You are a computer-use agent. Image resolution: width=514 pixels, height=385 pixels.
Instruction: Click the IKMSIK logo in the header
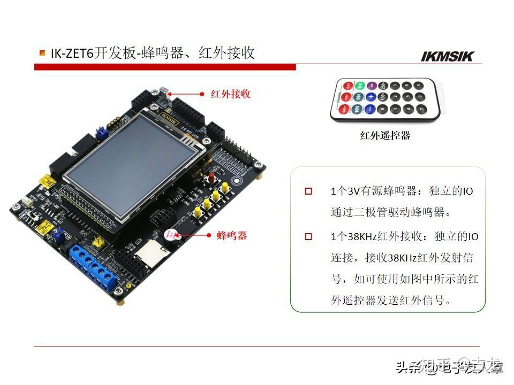click(448, 56)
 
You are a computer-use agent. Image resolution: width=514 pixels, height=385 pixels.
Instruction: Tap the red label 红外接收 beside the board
click(230, 94)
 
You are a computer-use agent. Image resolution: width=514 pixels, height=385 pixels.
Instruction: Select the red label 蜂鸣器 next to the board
click(232, 235)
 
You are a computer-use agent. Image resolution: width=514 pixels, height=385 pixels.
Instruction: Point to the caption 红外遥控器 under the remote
click(385, 136)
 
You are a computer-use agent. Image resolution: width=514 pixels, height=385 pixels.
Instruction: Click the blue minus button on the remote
click(369, 110)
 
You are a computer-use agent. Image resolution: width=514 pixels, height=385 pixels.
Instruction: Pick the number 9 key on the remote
click(420, 85)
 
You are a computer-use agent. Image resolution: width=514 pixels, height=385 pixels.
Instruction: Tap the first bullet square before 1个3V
click(308, 191)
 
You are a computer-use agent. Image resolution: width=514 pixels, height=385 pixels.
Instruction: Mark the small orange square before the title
click(42, 52)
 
